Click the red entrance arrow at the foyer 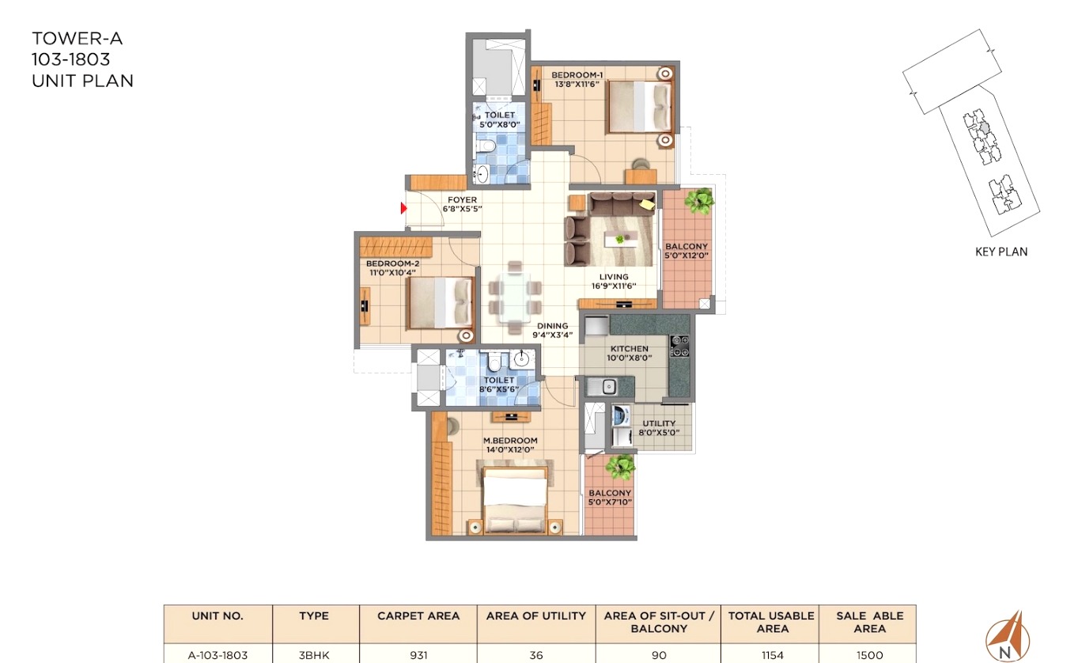(x=404, y=208)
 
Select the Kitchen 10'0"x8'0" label (x=629, y=353)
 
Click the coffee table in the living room (x=622, y=239)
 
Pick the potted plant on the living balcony (x=698, y=201)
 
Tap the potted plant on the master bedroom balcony (x=620, y=467)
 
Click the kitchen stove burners (x=679, y=347)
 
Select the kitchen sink (x=602, y=386)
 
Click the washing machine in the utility (x=621, y=415)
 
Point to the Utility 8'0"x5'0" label (x=659, y=427)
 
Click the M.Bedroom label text (x=510, y=440)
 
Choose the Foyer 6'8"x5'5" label (x=462, y=204)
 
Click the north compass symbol (x=1008, y=637)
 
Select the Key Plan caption (x=1001, y=252)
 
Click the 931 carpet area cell (x=418, y=655)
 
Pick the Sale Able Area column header (x=869, y=622)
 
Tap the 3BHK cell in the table (x=314, y=655)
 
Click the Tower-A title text (x=77, y=38)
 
